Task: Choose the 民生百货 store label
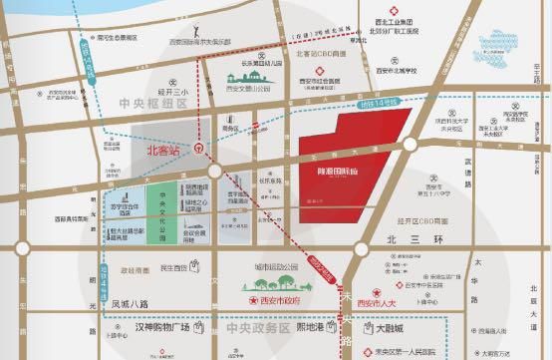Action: pyautogui.click(x=174, y=268)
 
